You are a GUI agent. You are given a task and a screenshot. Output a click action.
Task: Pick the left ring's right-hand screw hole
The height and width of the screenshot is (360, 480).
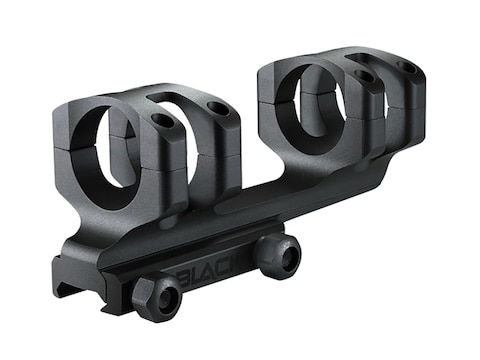[218, 107]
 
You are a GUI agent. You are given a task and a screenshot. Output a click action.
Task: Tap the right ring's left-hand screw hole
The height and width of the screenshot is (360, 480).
[364, 76]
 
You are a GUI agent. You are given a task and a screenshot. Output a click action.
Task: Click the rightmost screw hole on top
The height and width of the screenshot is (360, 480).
[407, 67]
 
